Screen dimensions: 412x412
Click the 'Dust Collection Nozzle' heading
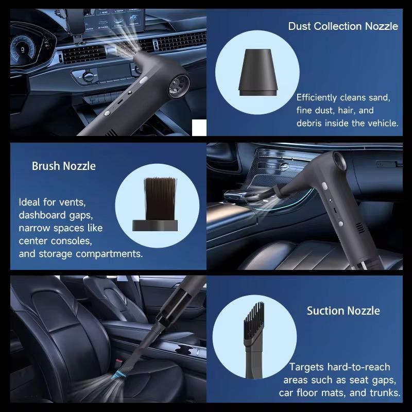(343, 26)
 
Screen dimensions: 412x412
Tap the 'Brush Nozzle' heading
(64, 166)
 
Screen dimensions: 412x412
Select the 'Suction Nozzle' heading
(344, 311)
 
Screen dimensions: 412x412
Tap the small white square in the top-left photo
(198, 127)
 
